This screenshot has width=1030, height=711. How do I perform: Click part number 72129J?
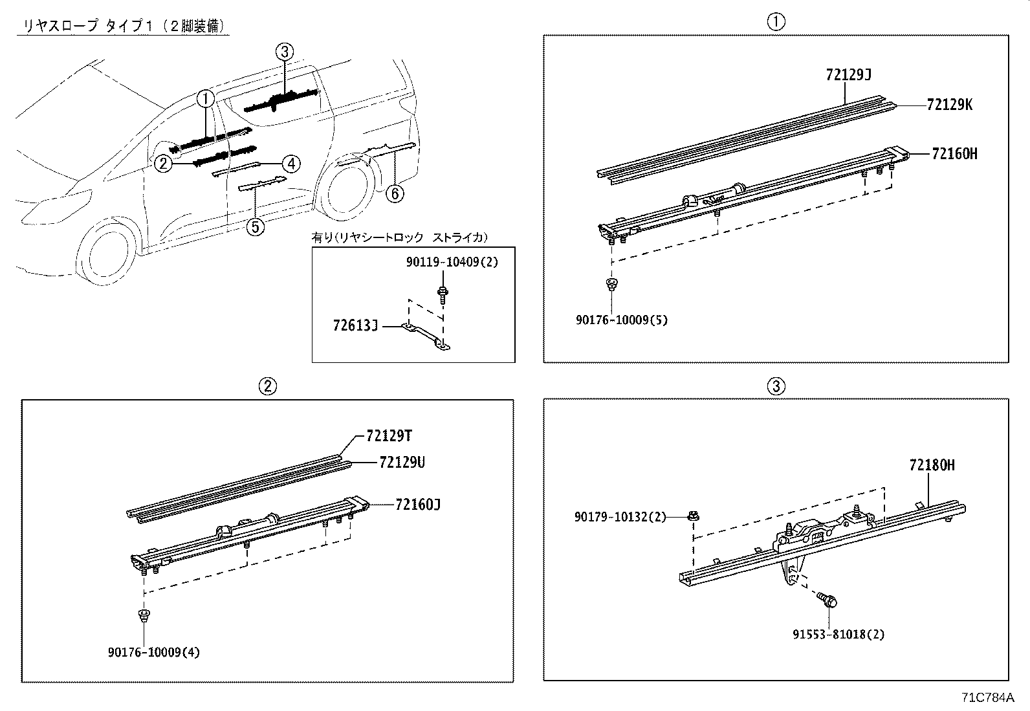click(x=848, y=75)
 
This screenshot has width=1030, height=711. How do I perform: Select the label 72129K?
click(x=949, y=105)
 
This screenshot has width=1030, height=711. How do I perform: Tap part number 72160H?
click(x=954, y=154)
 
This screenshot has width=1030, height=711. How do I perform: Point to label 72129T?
click(x=389, y=437)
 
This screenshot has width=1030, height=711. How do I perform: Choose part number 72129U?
click(x=402, y=463)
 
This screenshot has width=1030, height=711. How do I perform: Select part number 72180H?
click(x=932, y=465)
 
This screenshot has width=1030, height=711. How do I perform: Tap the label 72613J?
click(x=355, y=326)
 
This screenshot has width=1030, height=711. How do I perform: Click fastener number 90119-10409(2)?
click(x=452, y=262)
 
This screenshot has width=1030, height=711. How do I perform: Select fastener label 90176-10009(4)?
click(x=154, y=652)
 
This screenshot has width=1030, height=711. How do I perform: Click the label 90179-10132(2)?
click(x=620, y=517)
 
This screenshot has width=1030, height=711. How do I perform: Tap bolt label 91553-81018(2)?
click(x=838, y=634)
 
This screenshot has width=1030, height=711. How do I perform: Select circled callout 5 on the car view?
click(x=256, y=226)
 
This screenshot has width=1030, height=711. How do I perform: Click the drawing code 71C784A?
click(x=987, y=698)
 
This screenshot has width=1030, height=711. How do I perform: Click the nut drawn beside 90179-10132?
click(x=694, y=516)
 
